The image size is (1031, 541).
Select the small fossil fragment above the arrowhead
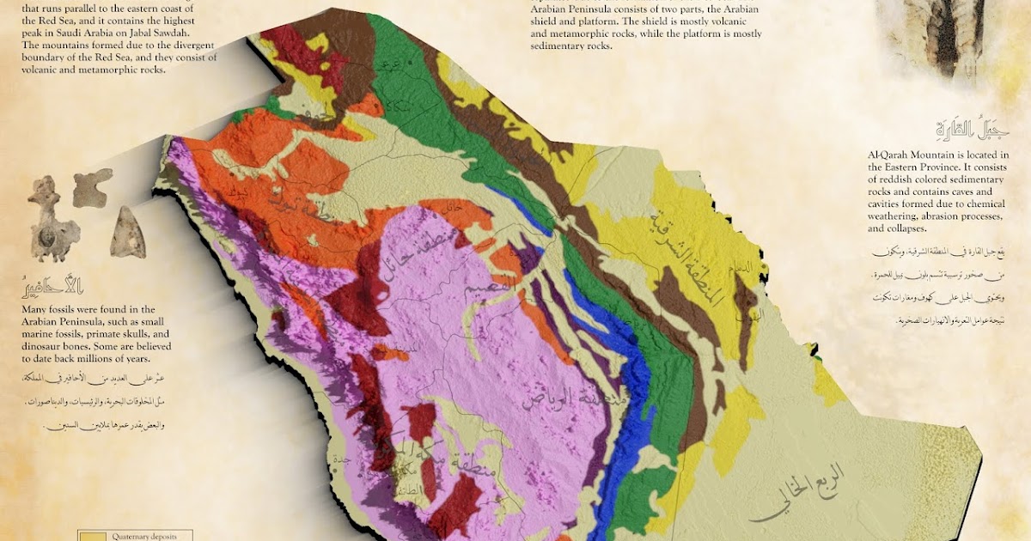(x=92, y=187)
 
